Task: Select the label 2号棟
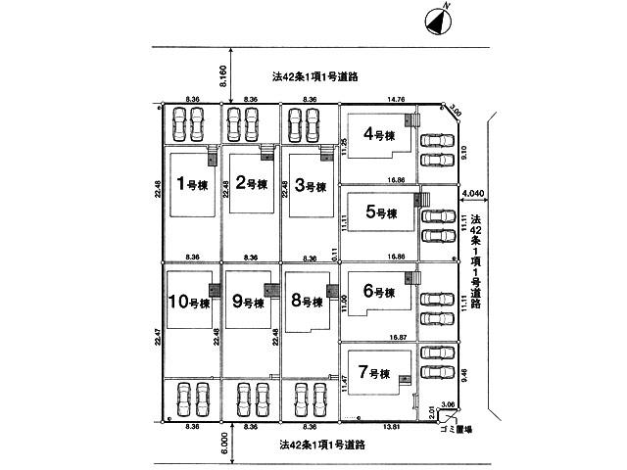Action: pos(251,183)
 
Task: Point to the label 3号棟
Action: pos(310,186)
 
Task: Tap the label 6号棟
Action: pos(378,292)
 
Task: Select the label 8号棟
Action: pos(248,303)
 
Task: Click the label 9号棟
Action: pos(190,304)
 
